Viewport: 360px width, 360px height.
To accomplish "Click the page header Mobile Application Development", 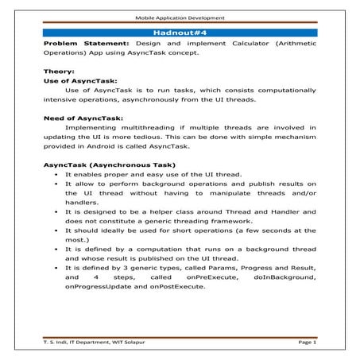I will [x=180, y=17].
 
